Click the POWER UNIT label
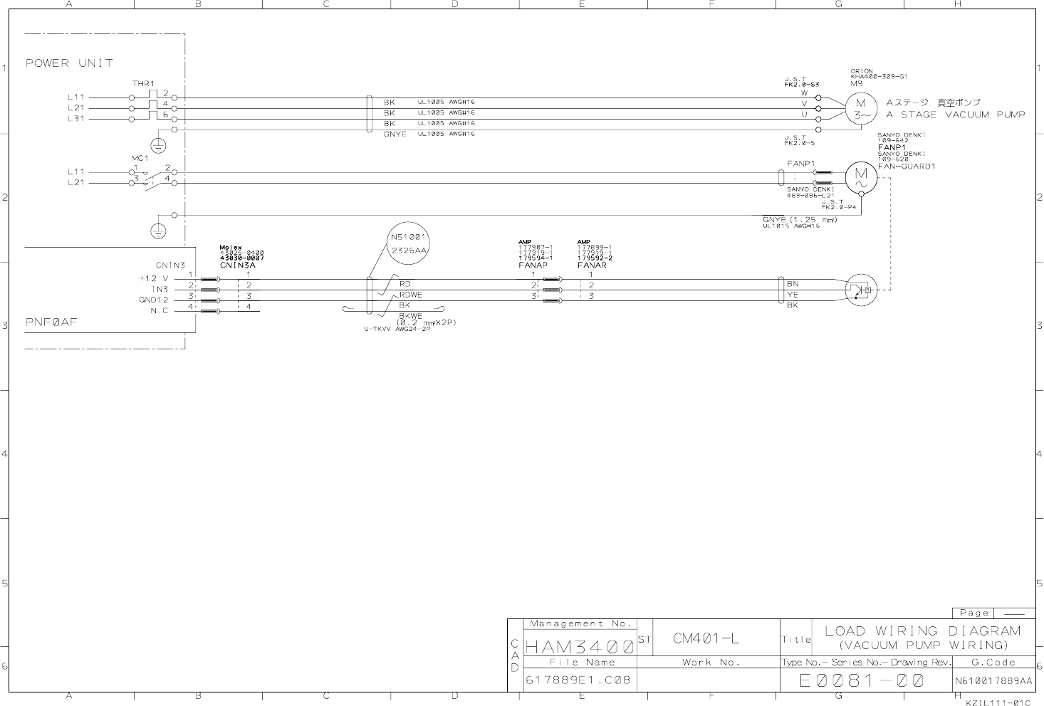tap(69, 63)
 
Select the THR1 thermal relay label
tap(143, 84)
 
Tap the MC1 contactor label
tap(140, 158)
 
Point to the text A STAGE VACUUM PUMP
tap(955, 115)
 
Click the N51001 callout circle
tap(408, 243)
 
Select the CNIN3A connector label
tap(237, 265)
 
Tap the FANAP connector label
tap(533, 265)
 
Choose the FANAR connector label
tap(592, 265)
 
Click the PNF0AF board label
tap(51, 322)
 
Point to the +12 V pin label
tap(154, 279)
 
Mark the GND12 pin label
tap(153, 300)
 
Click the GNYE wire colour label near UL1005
tap(395, 135)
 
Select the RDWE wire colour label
tap(410, 295)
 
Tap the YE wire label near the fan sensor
tap(793, 295)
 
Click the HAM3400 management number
tap(579, 647)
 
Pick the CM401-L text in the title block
tap(706, 638)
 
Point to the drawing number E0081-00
tap(862, 681)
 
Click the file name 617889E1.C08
tap(578, 680)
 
